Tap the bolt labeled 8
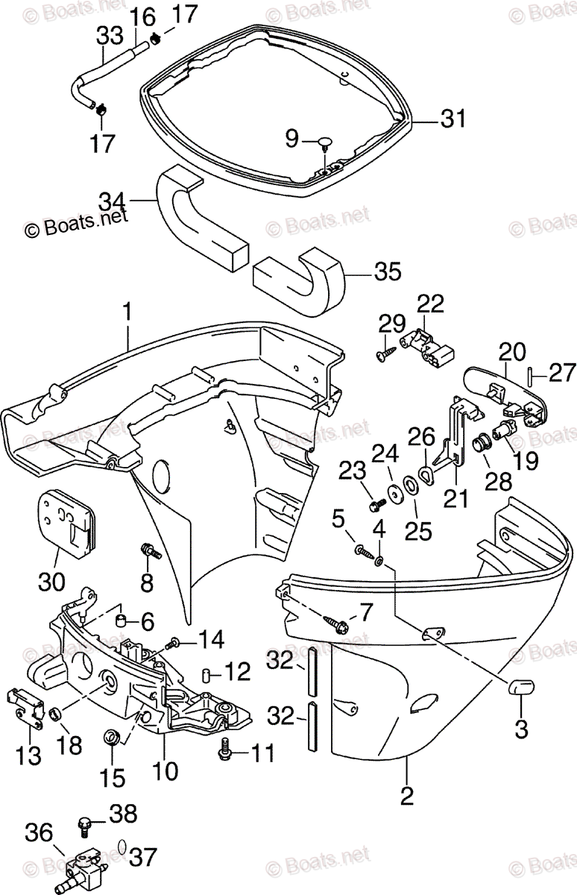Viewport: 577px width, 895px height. click(151, 553)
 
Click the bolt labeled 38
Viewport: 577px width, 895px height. click(86, 824)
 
